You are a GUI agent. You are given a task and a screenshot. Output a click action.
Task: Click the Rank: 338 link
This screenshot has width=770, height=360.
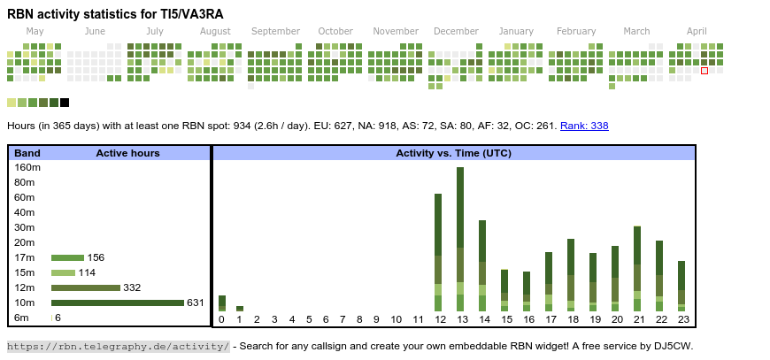tap(584, 126)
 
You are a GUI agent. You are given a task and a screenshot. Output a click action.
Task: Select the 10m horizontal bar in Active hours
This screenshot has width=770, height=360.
tap(118, 303)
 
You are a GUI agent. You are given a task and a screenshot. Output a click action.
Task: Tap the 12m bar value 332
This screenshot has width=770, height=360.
tap(132, 287)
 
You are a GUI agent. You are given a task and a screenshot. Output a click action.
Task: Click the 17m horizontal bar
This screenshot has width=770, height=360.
tap(67, 257)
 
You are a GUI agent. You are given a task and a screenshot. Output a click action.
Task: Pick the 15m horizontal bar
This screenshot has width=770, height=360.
tap(63, 272)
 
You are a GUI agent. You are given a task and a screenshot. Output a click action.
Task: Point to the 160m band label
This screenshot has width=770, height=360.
tap(27, 167)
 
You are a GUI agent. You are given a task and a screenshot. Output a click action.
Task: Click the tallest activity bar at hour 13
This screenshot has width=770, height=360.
tap(460, 239)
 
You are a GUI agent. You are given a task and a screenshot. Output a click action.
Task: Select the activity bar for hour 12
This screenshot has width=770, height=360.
tap(438, 252)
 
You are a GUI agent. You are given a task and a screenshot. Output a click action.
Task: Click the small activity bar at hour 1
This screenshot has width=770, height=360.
tap(240, 309)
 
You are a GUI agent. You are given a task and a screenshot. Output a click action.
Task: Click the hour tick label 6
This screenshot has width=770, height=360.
tap(327, 319)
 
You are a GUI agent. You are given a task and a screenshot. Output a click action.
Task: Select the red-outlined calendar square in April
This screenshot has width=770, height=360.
tap(705, 71)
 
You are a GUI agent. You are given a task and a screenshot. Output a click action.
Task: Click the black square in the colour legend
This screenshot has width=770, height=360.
tap(65, 103)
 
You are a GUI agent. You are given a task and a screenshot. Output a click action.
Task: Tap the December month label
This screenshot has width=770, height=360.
tap(456, 31)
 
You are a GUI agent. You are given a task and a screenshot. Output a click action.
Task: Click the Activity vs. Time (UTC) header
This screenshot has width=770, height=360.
tap(453, 153)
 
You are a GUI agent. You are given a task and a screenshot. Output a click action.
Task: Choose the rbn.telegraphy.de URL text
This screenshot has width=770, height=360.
tap(119, 346)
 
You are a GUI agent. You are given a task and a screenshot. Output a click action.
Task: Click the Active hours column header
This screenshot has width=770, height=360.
tap(127, 153)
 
